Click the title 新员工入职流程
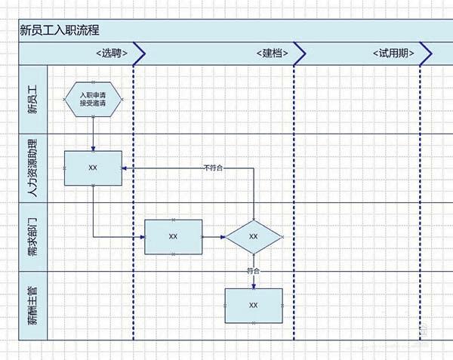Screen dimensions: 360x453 click(x=60, y=30)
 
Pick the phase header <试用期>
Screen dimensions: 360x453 click(x=393, y=54)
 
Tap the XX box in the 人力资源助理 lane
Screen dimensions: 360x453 click(x=93, y=168)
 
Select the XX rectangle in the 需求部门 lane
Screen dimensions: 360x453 click(x=173, y=236)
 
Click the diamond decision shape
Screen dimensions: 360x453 click(x=253, y=236)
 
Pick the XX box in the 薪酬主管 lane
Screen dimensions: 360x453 click(x=253, y=306)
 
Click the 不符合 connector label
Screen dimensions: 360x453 click(x=214, y=168)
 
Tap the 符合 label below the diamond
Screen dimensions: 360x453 click(x=253, y=270)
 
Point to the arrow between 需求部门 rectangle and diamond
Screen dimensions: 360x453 click(x=214, y=236)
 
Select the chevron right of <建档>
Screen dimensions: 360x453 click(x=300, y=54)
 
